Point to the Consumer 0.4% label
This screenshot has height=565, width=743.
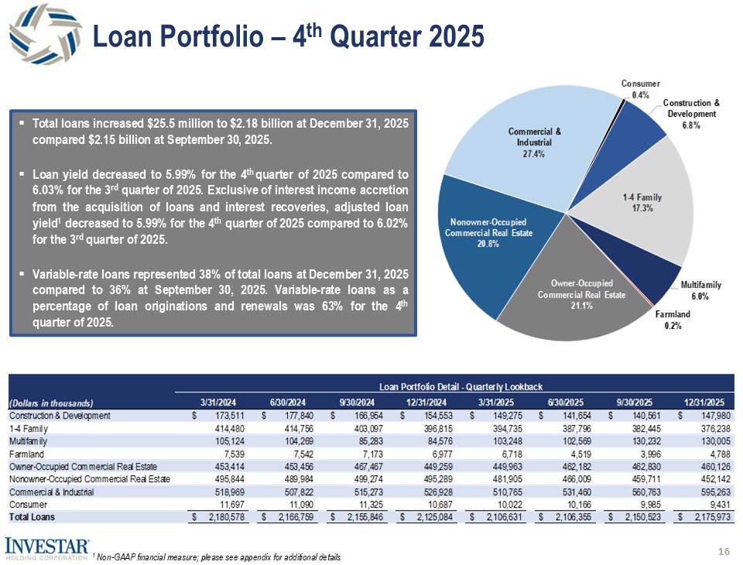(x=640, y=89)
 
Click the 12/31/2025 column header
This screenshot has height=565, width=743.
(x=704, y=402)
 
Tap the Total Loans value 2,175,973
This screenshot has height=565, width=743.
(x=709, y=517)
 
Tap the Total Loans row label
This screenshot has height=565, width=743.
(x=33, y=517)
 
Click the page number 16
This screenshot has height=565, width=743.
(x=724, y=551)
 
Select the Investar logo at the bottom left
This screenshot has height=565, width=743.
(x=47, y=546)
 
